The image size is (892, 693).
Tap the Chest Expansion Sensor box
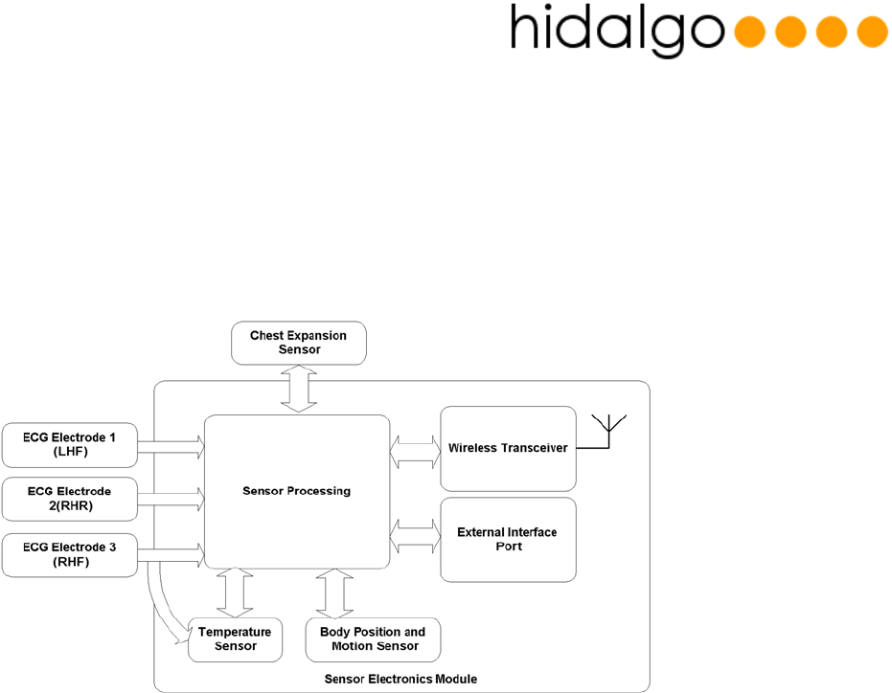[298, 343]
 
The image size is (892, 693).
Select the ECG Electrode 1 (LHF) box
[71, 444]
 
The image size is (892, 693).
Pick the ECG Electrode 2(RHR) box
[71, 498]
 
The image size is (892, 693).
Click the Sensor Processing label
[297, 491]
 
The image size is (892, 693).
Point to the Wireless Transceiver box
[507, 448]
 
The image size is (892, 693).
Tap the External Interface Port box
[507, 539]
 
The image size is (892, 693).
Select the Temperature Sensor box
[236, 638]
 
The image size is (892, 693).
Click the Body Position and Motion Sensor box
[373, 638]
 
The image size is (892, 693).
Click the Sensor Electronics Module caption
[400, 679]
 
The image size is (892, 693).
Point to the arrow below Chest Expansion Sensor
[298, 389]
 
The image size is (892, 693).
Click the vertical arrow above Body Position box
[333, 593]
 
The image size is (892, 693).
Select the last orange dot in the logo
[871, 32]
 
